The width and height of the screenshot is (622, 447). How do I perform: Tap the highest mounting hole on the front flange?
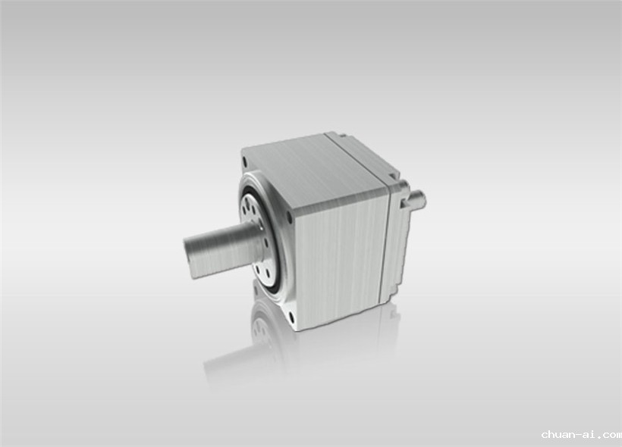tap(245, 161)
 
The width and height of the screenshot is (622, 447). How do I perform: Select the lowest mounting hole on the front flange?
tap(292, 317)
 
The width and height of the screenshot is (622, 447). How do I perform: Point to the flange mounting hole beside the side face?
tap(289, 217)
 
